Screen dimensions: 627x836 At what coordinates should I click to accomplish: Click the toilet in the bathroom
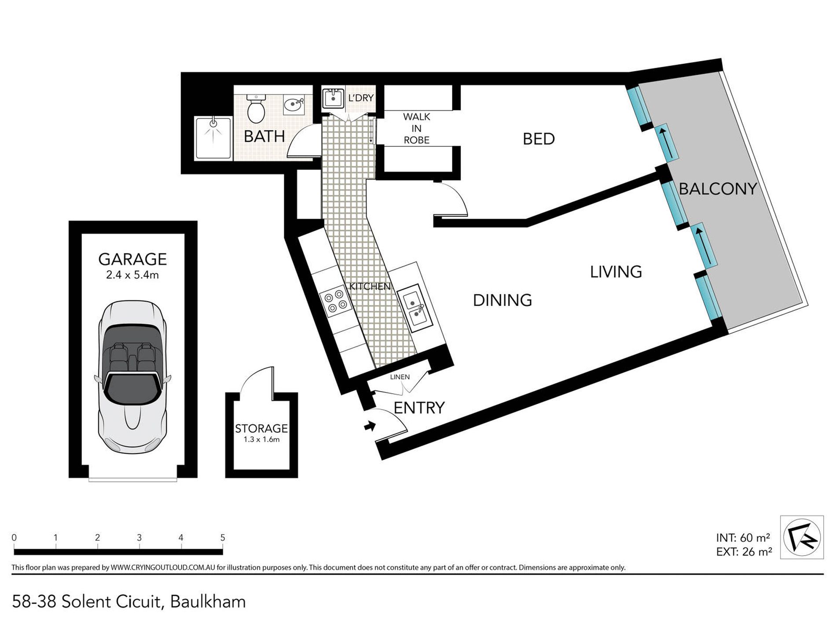(x=256, y=109)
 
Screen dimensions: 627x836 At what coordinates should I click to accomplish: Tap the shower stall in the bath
(x=213, y=137)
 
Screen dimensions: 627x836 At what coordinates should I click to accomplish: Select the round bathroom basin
(x=293, y=105)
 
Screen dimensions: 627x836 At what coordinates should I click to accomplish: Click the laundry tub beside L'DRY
(x=333, y=98)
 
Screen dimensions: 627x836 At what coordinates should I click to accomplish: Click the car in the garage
(x=132, y=377)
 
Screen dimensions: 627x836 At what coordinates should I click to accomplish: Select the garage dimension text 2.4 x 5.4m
(x=132, y=275)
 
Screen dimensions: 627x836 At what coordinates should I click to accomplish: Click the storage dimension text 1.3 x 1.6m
(x=261, y=440)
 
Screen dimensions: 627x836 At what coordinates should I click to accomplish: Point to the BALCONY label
(x=718, y=189)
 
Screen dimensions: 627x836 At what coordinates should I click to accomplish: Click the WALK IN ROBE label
(x=416, y=128)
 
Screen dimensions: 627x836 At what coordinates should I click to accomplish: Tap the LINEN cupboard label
(x=400, y=377)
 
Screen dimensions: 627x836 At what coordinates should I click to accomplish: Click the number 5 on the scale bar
(x=223, y=538)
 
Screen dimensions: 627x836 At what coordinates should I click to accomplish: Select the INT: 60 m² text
(x=743, y=538)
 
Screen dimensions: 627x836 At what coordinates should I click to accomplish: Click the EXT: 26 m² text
(x=744, y=552)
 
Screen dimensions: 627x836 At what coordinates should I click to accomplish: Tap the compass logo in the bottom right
(x=802, y=537)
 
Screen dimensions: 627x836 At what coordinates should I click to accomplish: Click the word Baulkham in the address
(x=208, y=601)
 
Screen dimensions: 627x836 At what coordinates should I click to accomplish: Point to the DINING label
(x=502, y=301)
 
